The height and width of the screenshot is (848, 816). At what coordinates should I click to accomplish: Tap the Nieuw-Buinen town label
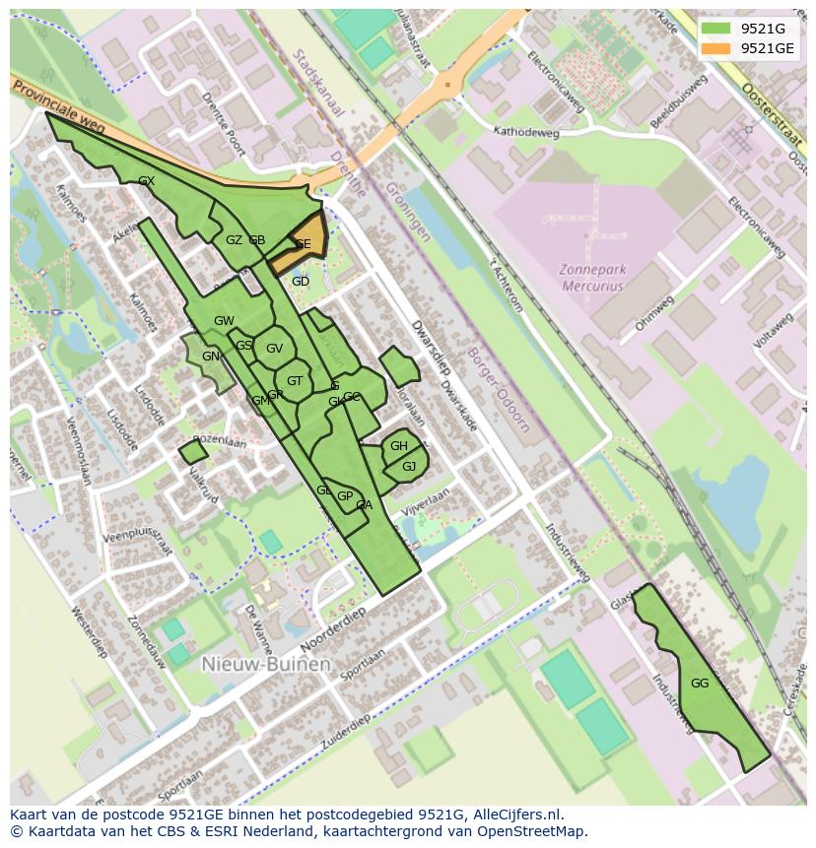265,664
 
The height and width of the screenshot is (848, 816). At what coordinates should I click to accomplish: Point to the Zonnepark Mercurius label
592,277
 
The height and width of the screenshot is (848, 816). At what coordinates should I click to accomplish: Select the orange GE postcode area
305,242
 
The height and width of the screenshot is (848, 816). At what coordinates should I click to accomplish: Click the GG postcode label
700,684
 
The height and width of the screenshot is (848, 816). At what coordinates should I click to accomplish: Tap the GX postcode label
147,181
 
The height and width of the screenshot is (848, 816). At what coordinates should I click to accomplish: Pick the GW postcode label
224,321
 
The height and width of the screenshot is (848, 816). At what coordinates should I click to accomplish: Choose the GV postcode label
274,348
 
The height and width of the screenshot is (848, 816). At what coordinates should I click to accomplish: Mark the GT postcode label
295,381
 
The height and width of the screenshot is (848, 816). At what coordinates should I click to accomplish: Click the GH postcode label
398,446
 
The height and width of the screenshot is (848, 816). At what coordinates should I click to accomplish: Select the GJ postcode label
409,466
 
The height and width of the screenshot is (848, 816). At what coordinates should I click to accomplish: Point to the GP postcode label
345,496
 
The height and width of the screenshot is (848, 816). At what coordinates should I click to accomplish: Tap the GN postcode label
211,357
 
